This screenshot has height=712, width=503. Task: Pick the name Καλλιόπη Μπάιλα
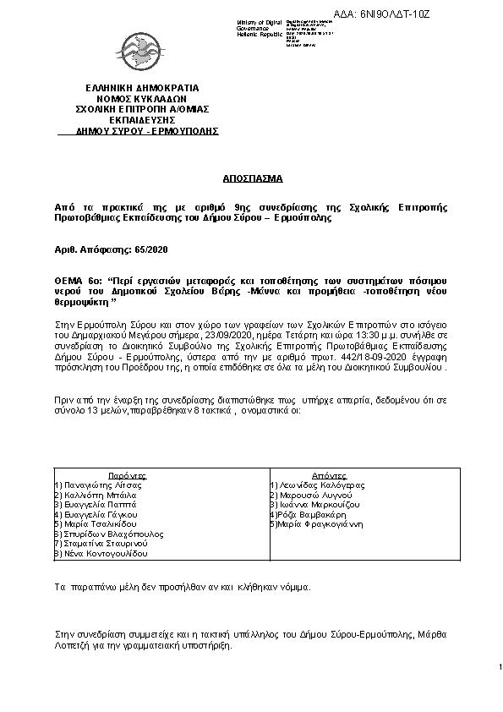(x=92, y=496)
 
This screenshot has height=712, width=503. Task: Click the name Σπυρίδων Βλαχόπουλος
(x=108, y=534)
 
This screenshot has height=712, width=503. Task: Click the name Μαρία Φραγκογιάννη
(x=318, y=524)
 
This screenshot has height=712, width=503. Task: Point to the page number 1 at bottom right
(x=500, y=667)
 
